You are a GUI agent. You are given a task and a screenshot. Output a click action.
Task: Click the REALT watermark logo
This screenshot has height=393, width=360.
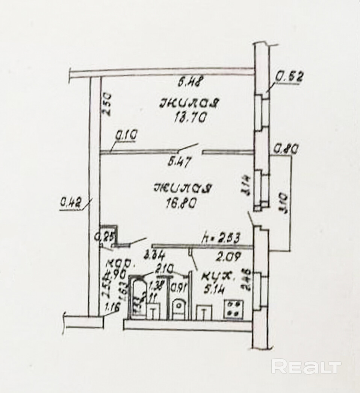[306, 367]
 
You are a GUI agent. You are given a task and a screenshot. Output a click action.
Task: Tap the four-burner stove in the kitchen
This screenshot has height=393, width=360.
[233, 310]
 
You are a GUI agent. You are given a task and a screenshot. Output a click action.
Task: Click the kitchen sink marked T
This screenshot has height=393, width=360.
[203, 312]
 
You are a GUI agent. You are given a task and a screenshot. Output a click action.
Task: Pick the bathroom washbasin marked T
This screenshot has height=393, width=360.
[153, 311]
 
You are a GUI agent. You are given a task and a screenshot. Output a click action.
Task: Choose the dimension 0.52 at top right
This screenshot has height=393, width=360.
[289, 77]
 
